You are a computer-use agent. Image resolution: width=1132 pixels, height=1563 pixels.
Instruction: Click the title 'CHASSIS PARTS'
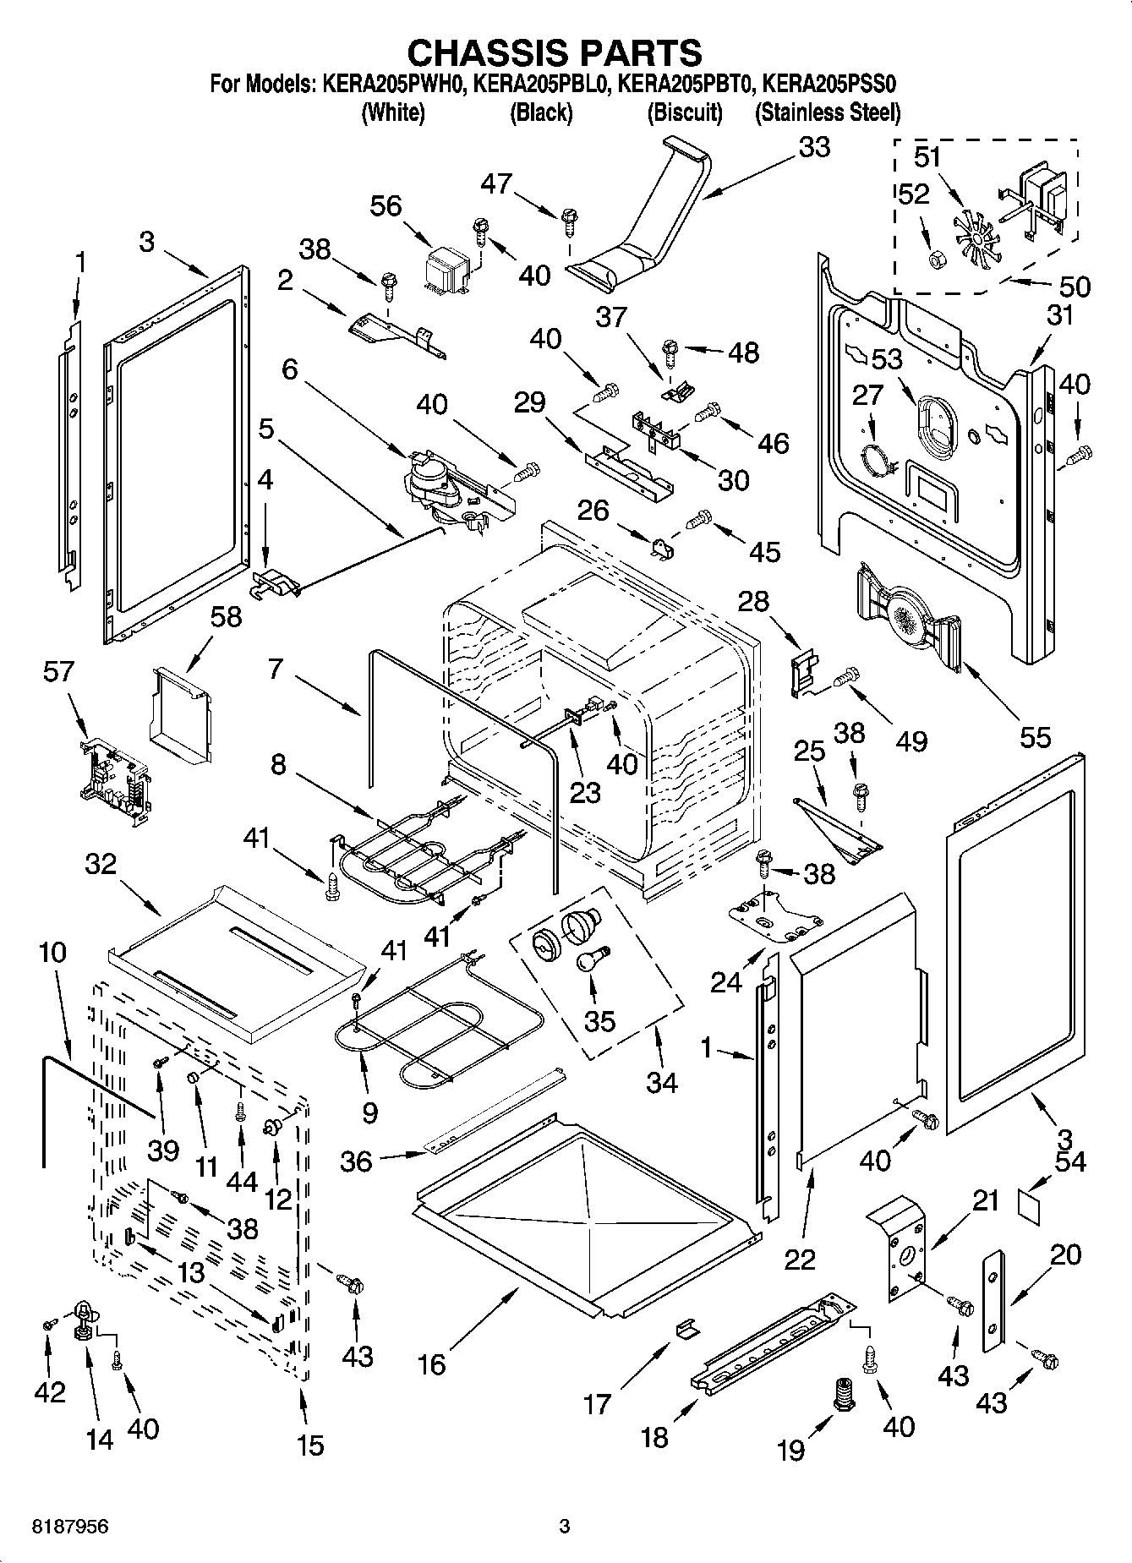[555, 52]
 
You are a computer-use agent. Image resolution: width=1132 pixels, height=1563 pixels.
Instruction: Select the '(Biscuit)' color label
[685, 112]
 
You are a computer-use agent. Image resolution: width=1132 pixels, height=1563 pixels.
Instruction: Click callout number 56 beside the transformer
[386, 207]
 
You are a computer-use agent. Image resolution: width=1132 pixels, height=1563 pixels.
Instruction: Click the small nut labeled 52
[935, 260]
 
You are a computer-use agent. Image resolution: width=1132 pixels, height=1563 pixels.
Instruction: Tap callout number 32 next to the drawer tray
[101, 864]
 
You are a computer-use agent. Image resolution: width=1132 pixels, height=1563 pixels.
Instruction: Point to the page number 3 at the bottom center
[565, 1527]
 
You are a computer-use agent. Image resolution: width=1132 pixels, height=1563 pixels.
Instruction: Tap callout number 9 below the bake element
[369, 1112]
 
